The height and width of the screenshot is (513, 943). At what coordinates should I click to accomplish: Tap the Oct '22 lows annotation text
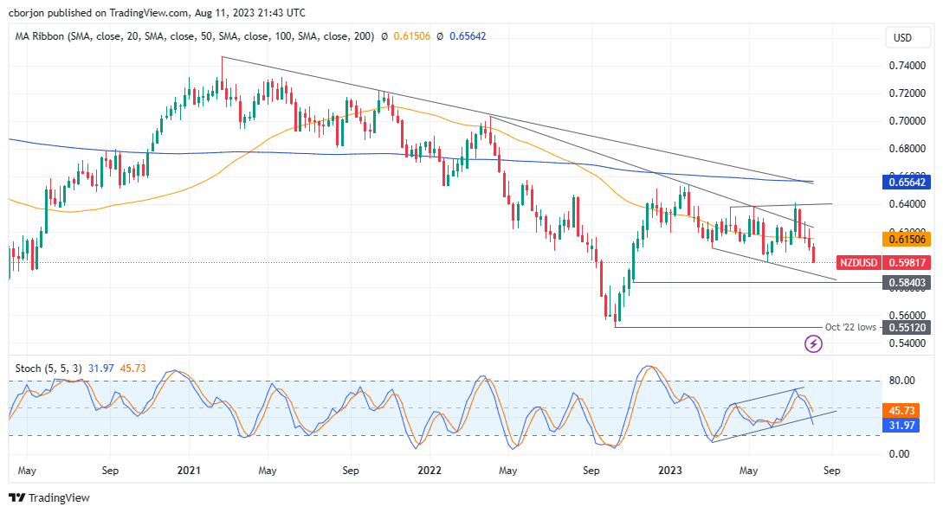tap(849, 327)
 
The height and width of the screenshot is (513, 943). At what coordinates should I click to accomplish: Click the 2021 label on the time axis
tap(189, 471)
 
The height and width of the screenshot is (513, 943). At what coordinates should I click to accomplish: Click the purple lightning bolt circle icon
tap(813, 344)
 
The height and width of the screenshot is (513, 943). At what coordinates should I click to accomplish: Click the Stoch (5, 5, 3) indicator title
tap(51, 369)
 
